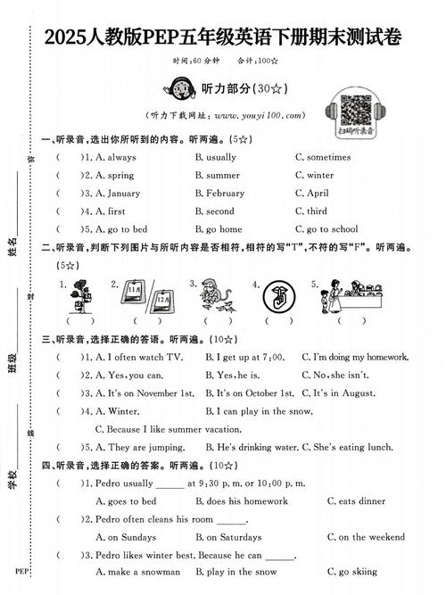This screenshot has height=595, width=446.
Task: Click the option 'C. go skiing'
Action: click(x=351, y=572)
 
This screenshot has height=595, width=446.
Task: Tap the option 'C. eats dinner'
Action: click(x=355, y=501)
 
